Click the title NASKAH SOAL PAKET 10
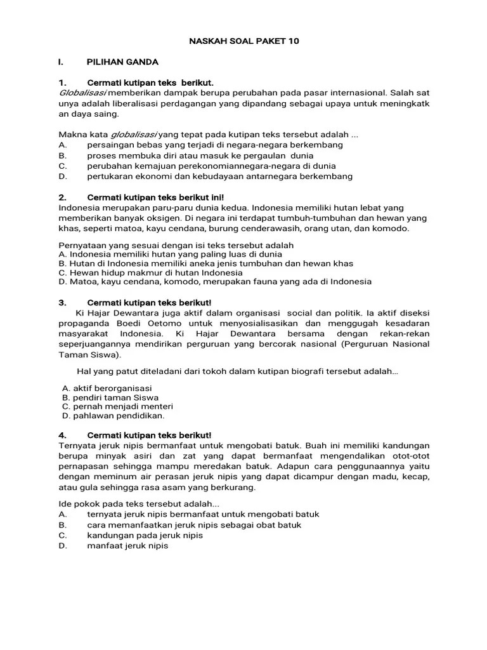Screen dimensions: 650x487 coord(243,41)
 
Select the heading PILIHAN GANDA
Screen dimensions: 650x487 coord(122,62)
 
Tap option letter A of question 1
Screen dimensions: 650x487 coord(62,145)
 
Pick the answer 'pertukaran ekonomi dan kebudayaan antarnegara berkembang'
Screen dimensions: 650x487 coord(219,176)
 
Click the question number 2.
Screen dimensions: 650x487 coord(62,197)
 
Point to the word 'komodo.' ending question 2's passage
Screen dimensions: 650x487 coord(393,229)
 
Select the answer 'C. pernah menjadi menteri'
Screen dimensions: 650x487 coord(117,406)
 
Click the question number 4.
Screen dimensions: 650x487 coord(62,435)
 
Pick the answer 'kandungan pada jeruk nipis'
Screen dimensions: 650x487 coord(145,535)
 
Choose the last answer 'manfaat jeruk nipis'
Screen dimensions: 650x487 coord(127,545)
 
